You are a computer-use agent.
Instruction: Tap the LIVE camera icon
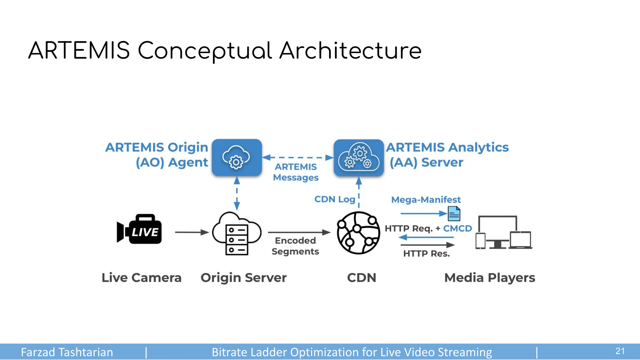140,229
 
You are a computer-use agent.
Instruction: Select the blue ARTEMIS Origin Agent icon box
237,158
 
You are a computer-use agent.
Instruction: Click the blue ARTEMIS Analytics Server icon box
358,158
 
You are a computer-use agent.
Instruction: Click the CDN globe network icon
358,233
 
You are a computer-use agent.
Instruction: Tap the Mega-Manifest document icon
454,214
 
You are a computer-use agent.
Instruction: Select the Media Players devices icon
503,233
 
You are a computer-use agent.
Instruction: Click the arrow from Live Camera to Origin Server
192,232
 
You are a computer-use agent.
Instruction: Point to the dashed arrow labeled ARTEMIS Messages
298,157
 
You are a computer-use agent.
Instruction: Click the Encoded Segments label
295,246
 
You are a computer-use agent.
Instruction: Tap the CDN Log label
335,199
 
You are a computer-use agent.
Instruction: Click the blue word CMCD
457,228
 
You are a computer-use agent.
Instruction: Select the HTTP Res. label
426,253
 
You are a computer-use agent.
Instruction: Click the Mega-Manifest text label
426,200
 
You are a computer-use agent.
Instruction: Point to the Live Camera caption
141,277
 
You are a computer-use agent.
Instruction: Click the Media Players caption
489,277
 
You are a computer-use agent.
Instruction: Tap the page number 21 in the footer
620,351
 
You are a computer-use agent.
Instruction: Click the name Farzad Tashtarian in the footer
67,352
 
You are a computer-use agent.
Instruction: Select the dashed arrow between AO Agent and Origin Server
237,194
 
